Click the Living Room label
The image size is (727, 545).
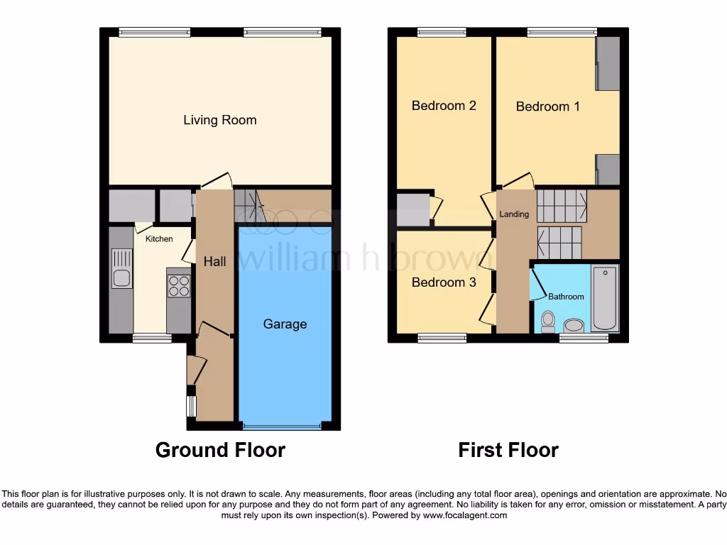coord(220,120)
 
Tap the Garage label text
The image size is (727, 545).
coord(285,324)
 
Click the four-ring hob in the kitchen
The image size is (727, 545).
coord(179,285)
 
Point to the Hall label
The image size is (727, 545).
coord(214,262)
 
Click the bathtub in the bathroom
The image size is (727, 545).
coord(605,298)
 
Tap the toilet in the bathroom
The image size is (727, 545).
coord(547,321)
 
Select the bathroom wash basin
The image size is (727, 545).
coord(573,326)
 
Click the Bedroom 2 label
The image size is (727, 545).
coord(444,106)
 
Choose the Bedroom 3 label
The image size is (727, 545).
coord(444,282)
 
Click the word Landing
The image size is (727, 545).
coord(514,214)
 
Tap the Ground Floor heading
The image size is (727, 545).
coord(220,450)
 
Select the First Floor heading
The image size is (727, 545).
coord(508,450)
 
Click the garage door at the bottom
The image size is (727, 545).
coord(282,426)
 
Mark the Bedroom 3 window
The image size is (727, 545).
coord(442,338)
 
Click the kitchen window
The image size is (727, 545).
coord(151,338)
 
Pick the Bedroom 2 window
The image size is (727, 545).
coord(442,32)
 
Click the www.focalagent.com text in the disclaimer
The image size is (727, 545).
coord(464,515)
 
